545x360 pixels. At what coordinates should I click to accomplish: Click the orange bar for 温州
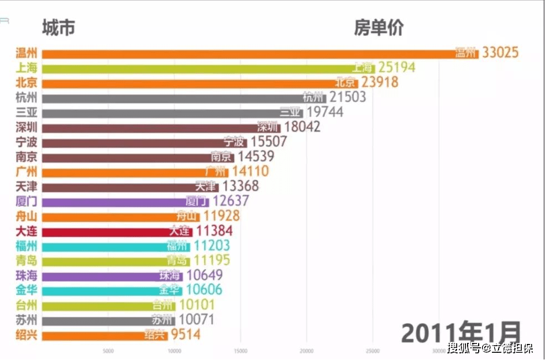point(249,54)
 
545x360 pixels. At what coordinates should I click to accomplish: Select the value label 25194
point(396,68)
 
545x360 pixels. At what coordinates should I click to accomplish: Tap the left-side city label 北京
point(27,83)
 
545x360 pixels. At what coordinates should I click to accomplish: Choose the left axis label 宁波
point(27,142)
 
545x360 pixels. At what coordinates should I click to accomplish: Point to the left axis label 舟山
point(27,216)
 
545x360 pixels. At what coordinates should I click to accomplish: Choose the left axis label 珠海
point(27,275)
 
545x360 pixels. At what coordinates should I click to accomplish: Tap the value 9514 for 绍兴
point(185,335)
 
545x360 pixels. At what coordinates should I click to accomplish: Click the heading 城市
point(58,28)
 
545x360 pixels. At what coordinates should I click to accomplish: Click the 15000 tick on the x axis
point(240,351)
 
